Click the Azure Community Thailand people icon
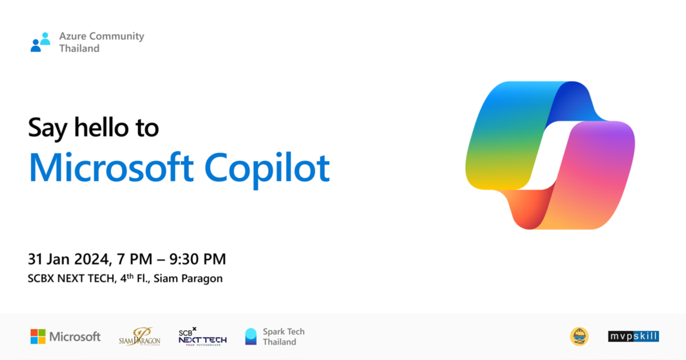click(41, 42)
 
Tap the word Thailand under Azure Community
click(79, 49)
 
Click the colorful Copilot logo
click(550, 155)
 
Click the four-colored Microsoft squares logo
click(38, 337)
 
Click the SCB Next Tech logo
click(202, 337)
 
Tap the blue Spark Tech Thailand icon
click(251, 337)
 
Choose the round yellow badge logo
click(579, 337)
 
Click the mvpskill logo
click(633, 337)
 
